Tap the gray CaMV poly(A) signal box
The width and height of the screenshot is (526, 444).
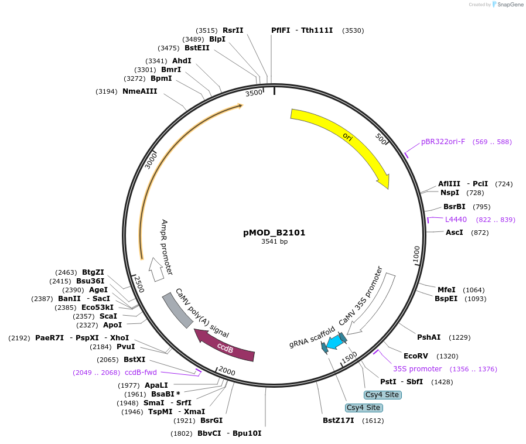tap(177, 310)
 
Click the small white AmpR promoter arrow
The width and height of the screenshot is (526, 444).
tap(156, 271)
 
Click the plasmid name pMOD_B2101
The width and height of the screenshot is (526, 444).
tap(274, 233)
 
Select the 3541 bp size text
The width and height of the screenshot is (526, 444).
tap(274, 241)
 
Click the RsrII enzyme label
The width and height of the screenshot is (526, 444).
tap(233, 30)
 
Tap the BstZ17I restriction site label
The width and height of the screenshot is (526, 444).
tap(339, 421)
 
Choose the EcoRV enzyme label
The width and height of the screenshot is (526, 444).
tap(416, 356)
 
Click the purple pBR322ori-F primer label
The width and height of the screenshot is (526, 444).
tap(443, 142)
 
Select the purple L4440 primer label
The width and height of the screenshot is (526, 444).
tap(456, 220)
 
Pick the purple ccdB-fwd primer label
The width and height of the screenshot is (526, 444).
tap(141, 373)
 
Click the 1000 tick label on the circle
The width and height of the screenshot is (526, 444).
tap(416, 255)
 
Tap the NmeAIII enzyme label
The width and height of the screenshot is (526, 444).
tap(139, 91)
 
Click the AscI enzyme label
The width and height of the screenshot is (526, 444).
tap(455, 233)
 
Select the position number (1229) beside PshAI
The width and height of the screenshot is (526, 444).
tap(460, 337)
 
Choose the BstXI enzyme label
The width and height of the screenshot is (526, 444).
tap(134, 360)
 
